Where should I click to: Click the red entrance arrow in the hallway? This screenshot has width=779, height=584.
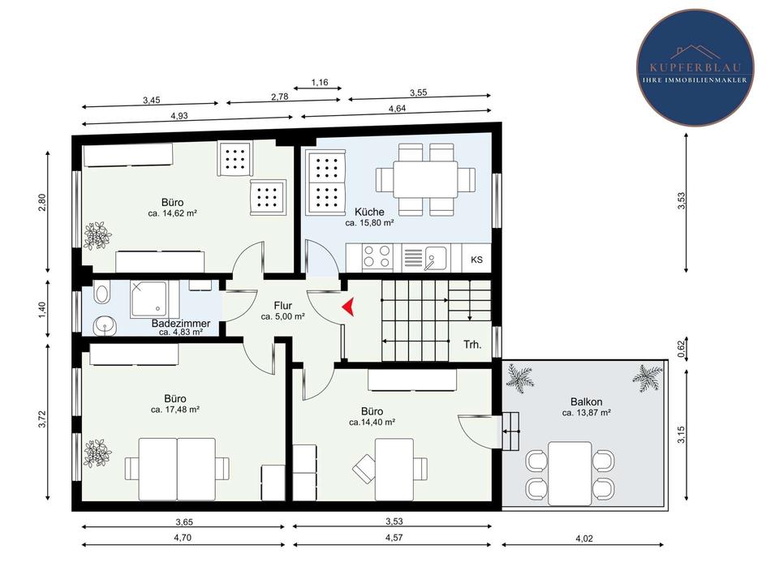pyautogui.click(x=349, y=307)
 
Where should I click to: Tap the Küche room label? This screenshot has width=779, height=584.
pyautogui.click(x=370, y=212)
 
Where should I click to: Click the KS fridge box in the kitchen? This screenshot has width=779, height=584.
pyautogui.click(x=476, y=260)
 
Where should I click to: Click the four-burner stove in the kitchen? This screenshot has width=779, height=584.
pyautogui.click(x=377, y=257)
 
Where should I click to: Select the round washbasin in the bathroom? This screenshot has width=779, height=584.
pyautogui.click(x=105, y=326)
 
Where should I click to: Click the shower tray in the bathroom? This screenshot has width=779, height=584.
pyautogui.click(x=149, y=299)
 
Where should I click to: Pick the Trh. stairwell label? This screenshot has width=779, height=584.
pyautogui.click(x=472, y=344)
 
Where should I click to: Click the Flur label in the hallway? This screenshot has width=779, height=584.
pyautogui.click(x=282, y=306)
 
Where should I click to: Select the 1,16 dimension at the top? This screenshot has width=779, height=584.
pyautogui.click(x=320, y=83)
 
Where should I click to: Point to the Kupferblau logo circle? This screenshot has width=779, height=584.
pyautogui.click(x=695, y=67)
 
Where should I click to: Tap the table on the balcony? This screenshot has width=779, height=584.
pyautogui.click(x=570, y=473)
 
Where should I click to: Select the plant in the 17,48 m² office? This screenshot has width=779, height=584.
pyautogui.click(x=97, y=453)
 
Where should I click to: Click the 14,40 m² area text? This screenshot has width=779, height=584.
pyautogui.click(x=372, y=423)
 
